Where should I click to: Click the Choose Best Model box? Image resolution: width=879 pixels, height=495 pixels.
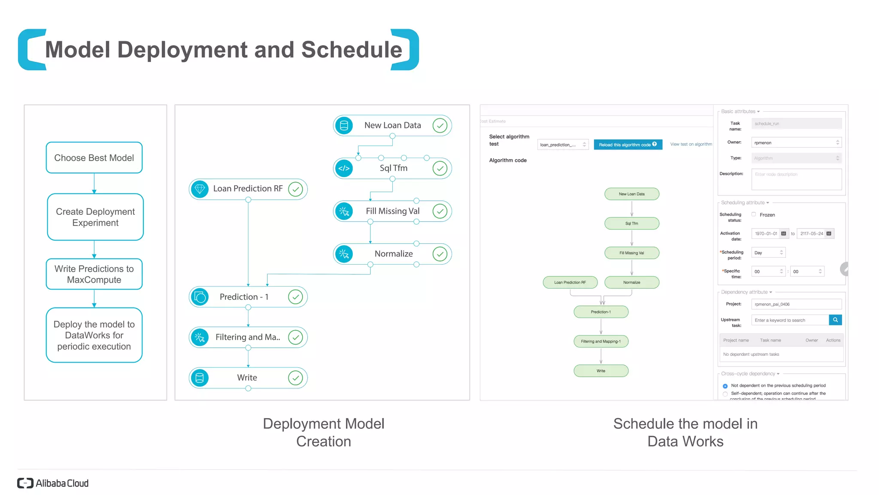pos(94,158)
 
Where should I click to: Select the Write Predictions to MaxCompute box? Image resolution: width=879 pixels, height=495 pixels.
pos(94,274)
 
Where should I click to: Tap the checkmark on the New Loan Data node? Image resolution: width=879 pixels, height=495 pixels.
pos(440,125)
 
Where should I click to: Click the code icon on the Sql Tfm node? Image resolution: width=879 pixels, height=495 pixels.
pos(344,168)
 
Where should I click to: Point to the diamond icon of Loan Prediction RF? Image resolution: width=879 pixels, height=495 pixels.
pos(200,189)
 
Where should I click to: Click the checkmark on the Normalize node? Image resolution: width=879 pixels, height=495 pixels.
pos(440,254)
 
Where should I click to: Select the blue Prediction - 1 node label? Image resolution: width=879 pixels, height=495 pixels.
pos(244,297)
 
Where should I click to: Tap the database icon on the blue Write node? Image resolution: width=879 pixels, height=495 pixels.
pos(200,378)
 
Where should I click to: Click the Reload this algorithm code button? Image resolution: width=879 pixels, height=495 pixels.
pos(627,145)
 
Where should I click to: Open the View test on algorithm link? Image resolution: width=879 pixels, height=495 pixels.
pos(691,144)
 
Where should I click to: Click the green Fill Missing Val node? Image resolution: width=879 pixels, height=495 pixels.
pos(631,253)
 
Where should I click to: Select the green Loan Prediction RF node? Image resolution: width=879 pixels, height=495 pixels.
pos(570,282)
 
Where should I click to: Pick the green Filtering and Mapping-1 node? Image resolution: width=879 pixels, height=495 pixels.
pos(600,342)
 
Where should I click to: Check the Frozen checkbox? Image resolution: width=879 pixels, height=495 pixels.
pos(754,214)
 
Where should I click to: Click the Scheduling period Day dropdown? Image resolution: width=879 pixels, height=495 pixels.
pos(768,253)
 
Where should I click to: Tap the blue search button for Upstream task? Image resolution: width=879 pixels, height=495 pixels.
pos(835,320)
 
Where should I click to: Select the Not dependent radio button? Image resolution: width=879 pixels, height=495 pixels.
pos(725,386)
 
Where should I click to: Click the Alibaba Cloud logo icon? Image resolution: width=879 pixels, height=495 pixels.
pos(25,483)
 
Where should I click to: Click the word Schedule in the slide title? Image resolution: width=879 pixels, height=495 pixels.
pos(352,50)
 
